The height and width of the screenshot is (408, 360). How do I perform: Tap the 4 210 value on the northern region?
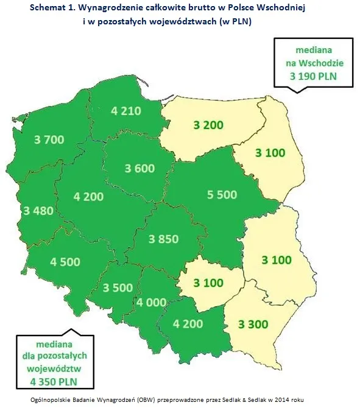[x=126, y=111]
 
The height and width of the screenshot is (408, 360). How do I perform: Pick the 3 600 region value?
[x=139, y=168]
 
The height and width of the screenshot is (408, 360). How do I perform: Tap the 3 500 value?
[x=118, y=287]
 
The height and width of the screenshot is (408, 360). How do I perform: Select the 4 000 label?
[x=152, y=303]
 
